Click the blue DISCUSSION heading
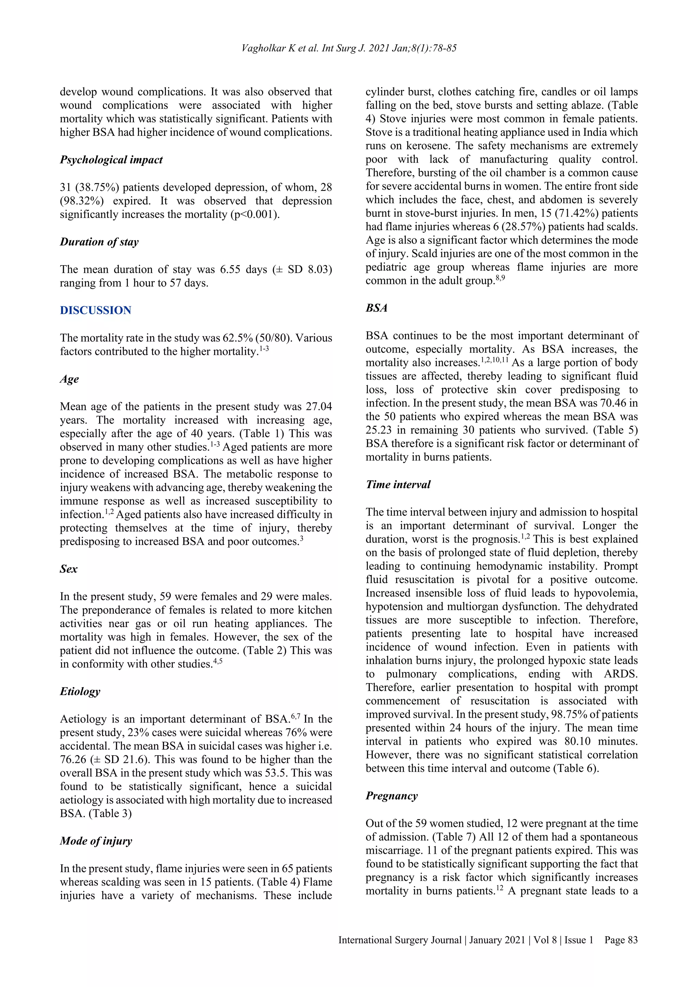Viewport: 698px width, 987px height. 95,310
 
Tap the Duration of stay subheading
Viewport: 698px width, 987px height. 99,242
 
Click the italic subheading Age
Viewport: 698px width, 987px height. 69,379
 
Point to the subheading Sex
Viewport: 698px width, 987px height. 69,569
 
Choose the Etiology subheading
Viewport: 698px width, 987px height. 80,692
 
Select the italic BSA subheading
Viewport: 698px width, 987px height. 377,308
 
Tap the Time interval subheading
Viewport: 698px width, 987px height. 398,485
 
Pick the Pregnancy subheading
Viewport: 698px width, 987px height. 392,796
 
